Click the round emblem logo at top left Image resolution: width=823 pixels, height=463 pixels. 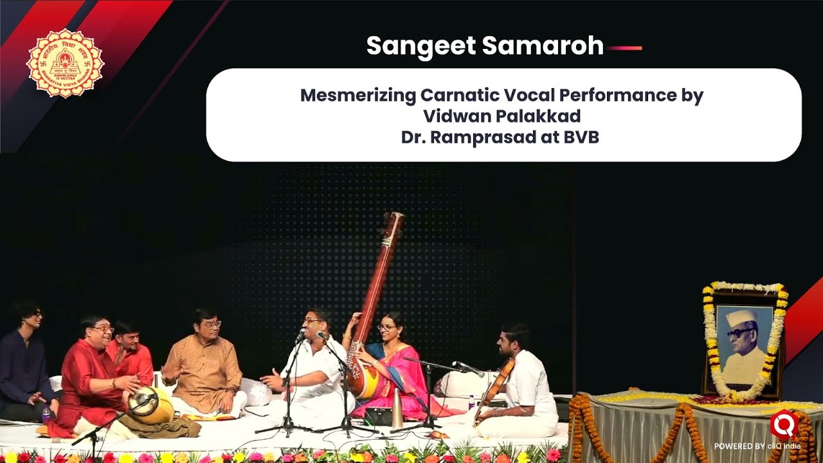pyautogui.click(x=65, y=64)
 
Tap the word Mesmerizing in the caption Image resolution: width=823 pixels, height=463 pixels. pyautogui.click(x=357, y=96)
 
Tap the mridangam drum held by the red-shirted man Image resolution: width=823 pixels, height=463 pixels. pyautogui.click(x=149, y=404)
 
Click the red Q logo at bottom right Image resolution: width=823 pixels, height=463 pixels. pyautogui.click(x=784, y=424)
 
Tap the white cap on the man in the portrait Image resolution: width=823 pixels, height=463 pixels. pyautogui.click(x=739, y=317)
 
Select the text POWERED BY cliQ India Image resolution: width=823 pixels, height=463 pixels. pyautogui.click(x=757, y=446)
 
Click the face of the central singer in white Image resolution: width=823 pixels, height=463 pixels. pyautogui.click(x=313, y=325)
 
